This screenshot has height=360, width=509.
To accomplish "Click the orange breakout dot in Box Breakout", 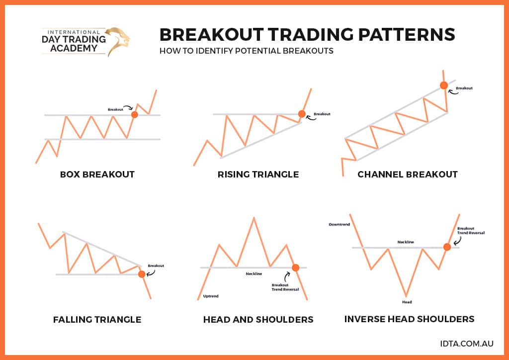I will click(x=134, y=115).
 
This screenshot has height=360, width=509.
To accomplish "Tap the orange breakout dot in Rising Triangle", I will click(x=302, y=114).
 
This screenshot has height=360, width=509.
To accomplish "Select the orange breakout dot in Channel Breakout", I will click(x=443, y=85).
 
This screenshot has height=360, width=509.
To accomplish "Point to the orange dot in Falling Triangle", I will click(x=142, y=274).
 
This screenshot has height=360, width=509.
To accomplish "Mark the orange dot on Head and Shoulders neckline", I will click(x=296, y=268).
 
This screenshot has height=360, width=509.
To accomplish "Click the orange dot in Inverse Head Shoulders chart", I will click(x=447, y=247).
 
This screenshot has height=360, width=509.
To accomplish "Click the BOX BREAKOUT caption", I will click(x=97, y=175).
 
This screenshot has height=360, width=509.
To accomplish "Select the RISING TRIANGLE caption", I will click(x=258, y=175).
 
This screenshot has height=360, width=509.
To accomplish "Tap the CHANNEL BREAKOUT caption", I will click(x=408, y=175).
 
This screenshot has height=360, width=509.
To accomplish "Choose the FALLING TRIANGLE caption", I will click(x=97, y=320).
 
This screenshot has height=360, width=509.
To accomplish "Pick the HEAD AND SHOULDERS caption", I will click(x=258, y=320).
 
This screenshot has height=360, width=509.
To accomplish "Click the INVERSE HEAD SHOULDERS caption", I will click(x=409, y=319).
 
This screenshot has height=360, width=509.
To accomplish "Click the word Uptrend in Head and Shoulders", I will click(x=211, y=296).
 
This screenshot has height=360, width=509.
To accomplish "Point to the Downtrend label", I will click(x=339, y=225).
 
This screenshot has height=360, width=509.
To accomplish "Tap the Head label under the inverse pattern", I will click(x=407, y=302).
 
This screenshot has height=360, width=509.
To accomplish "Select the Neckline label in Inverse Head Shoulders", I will click(x=406, y=242).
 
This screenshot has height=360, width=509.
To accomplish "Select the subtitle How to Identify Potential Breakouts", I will click(x=246, y=51).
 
